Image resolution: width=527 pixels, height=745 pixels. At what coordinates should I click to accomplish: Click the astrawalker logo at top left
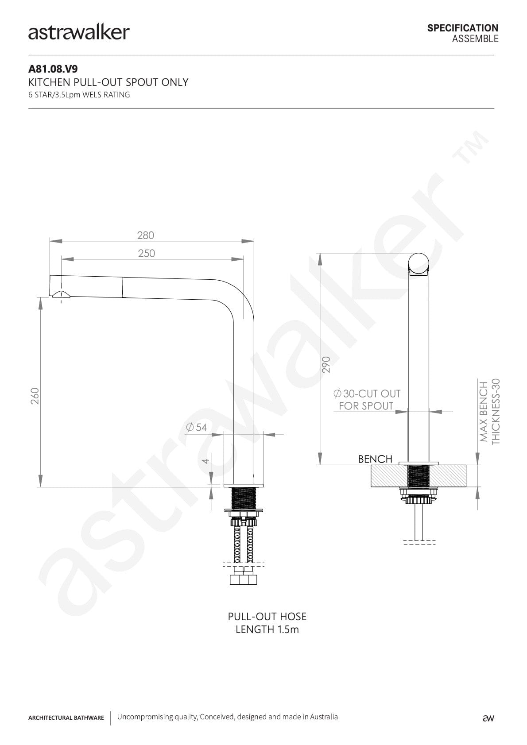[x=79, y=33]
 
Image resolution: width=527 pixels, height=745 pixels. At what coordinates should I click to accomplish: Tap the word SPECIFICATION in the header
[x=463, y=28]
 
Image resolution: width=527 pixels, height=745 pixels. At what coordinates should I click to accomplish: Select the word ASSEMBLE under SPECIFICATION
[x=475, y=39]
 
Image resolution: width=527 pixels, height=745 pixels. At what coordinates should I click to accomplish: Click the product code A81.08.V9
[x=53, y=69]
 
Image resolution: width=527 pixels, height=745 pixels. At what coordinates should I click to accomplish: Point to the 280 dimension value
[x=146, y=235]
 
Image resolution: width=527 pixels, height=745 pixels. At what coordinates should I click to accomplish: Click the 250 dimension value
[x=147, y=254]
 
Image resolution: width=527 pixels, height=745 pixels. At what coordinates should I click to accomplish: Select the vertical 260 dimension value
[x=35, y=396]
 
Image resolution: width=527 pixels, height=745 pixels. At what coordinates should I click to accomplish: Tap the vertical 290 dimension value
[x=326, y=364]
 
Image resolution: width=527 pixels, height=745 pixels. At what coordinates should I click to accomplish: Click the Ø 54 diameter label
[x=196, y=427]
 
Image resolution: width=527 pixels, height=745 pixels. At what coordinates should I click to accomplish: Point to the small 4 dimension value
[x=206, y=461]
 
